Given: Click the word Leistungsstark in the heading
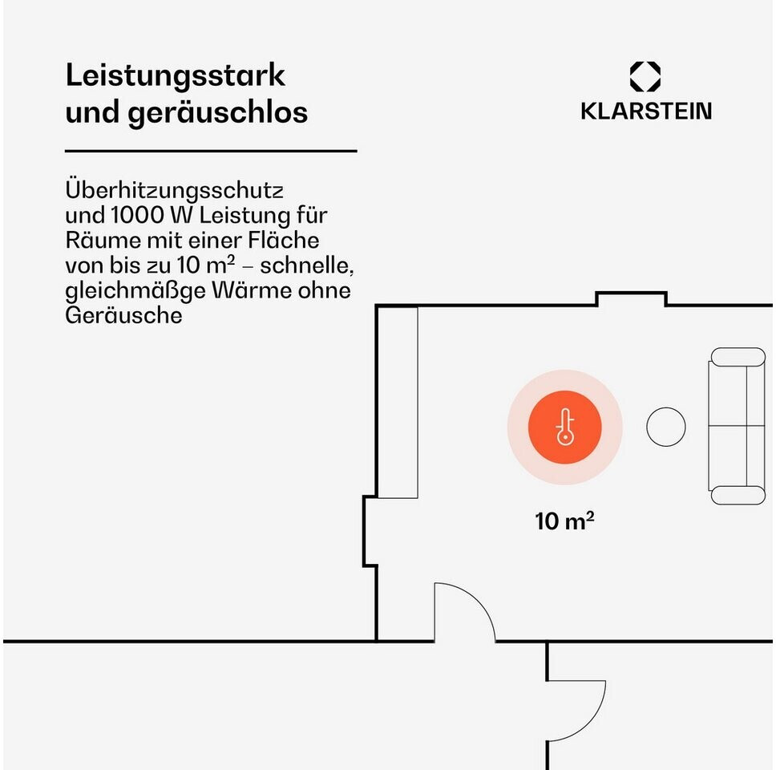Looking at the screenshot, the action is tap(175, 76).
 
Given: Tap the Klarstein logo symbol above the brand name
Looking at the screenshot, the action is tap(645, 77).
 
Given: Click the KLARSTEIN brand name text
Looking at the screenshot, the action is tap(645, 111).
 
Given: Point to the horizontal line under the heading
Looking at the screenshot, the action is tap(211, 151).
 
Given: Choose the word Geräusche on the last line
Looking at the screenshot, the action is tap(123, 315).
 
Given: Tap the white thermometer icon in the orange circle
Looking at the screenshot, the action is tap(564, 428).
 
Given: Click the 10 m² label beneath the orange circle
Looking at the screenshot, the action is tap(564, 521).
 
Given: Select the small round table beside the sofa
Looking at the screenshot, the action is tap(666, 427).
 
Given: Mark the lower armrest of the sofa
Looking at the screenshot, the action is tap(738, 495).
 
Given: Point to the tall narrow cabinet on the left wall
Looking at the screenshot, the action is tap(398, 403).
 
